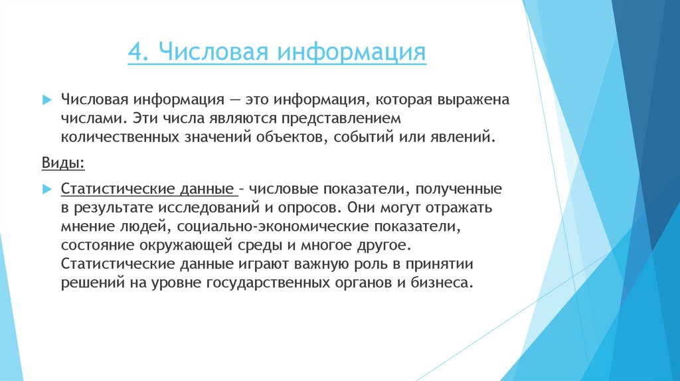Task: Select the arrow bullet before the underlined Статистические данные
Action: [x=46, y=189]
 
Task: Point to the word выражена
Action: [x=472, y=100]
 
